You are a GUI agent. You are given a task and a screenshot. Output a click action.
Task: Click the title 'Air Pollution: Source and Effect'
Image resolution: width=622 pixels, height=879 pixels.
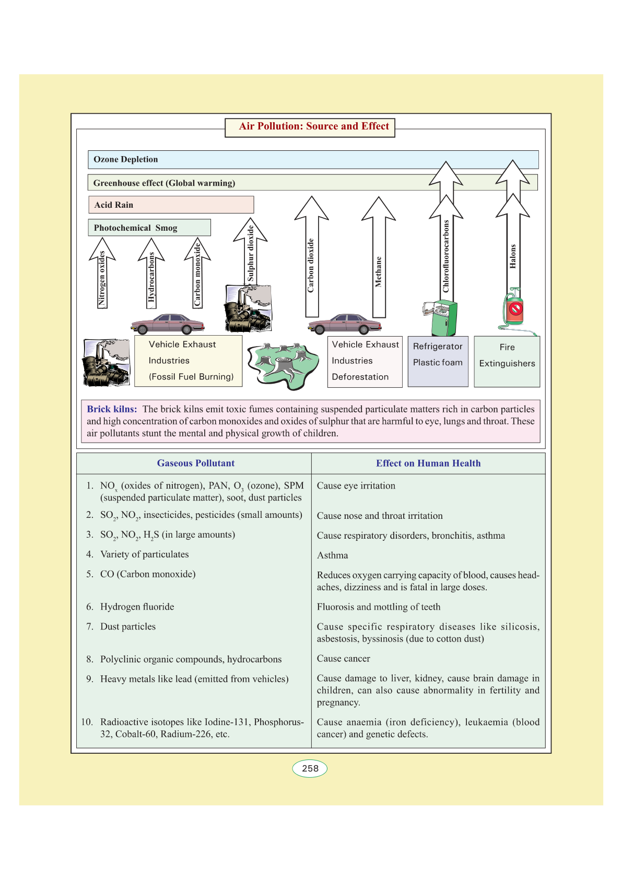tap(314, 126)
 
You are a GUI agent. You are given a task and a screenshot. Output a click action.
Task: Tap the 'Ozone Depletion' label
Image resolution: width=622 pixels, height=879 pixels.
tap(125, 160)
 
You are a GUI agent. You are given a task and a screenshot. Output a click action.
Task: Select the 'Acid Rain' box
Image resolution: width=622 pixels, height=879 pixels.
tap(171, 205)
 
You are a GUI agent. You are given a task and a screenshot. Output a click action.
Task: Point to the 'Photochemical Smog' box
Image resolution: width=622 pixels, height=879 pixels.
tap(149, 228)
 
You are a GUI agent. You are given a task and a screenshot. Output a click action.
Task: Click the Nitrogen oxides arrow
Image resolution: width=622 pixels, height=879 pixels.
tap(102, 274)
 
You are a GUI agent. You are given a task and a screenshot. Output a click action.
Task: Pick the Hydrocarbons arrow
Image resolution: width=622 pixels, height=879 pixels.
tap(151, 274)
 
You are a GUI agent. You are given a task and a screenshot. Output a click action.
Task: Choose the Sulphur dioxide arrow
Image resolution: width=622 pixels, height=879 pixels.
tap(251, 251)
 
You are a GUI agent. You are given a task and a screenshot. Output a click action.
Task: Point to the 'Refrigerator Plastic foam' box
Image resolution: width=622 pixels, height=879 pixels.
tap(438, 361)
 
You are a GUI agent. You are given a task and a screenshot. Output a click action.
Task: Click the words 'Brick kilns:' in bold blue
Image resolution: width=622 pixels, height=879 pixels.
tap(112, 409)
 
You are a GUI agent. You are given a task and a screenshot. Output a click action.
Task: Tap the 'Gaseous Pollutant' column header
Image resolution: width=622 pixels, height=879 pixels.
tap(196, 463)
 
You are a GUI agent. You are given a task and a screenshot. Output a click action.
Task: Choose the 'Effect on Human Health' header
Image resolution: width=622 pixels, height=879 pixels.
tap(428, 463)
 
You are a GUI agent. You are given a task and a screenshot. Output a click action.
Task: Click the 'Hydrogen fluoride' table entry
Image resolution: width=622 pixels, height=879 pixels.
tap(137, 607)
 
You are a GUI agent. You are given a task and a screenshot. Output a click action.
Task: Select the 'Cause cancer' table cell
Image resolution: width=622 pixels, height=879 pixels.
tap(344, 659)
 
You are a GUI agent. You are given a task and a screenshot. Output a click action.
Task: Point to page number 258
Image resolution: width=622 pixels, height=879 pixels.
tap(310, 768)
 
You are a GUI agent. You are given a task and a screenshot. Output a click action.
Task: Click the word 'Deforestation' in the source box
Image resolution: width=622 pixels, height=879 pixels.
tap(360, 377)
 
